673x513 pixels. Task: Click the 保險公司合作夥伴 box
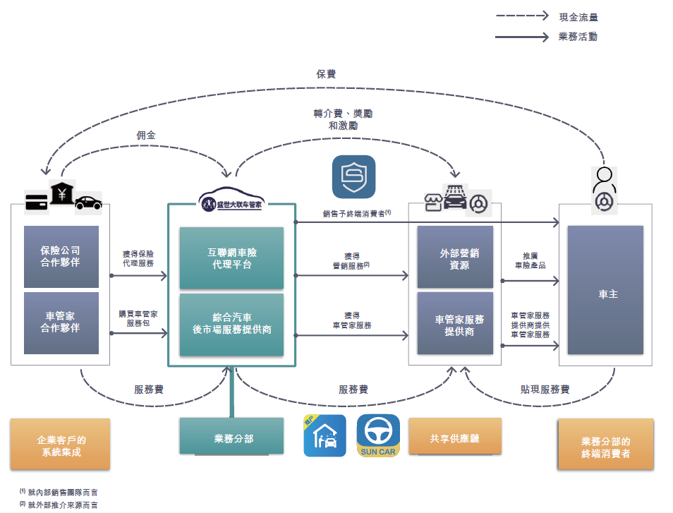pos(61,257)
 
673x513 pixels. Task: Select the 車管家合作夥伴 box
pos(61,322)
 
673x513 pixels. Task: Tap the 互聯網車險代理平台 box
pos(231,258)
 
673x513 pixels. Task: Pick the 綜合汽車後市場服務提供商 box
pos(231,324)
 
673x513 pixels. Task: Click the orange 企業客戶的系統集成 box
pos(61,445)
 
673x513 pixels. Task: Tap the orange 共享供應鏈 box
pos(454,438)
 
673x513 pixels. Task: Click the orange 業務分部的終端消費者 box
pos(605,447)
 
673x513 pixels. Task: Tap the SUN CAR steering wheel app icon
pos(378,435)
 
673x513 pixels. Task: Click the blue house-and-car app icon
pos(325,435)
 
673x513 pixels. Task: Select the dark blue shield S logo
pos(353,176)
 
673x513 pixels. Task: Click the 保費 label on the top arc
pos(326,73)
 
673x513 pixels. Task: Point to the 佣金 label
pos(147,135)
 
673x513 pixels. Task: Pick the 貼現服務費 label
pos(545,389)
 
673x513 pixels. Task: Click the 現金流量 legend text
pos(578,17)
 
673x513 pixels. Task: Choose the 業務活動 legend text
pos(578,37)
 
